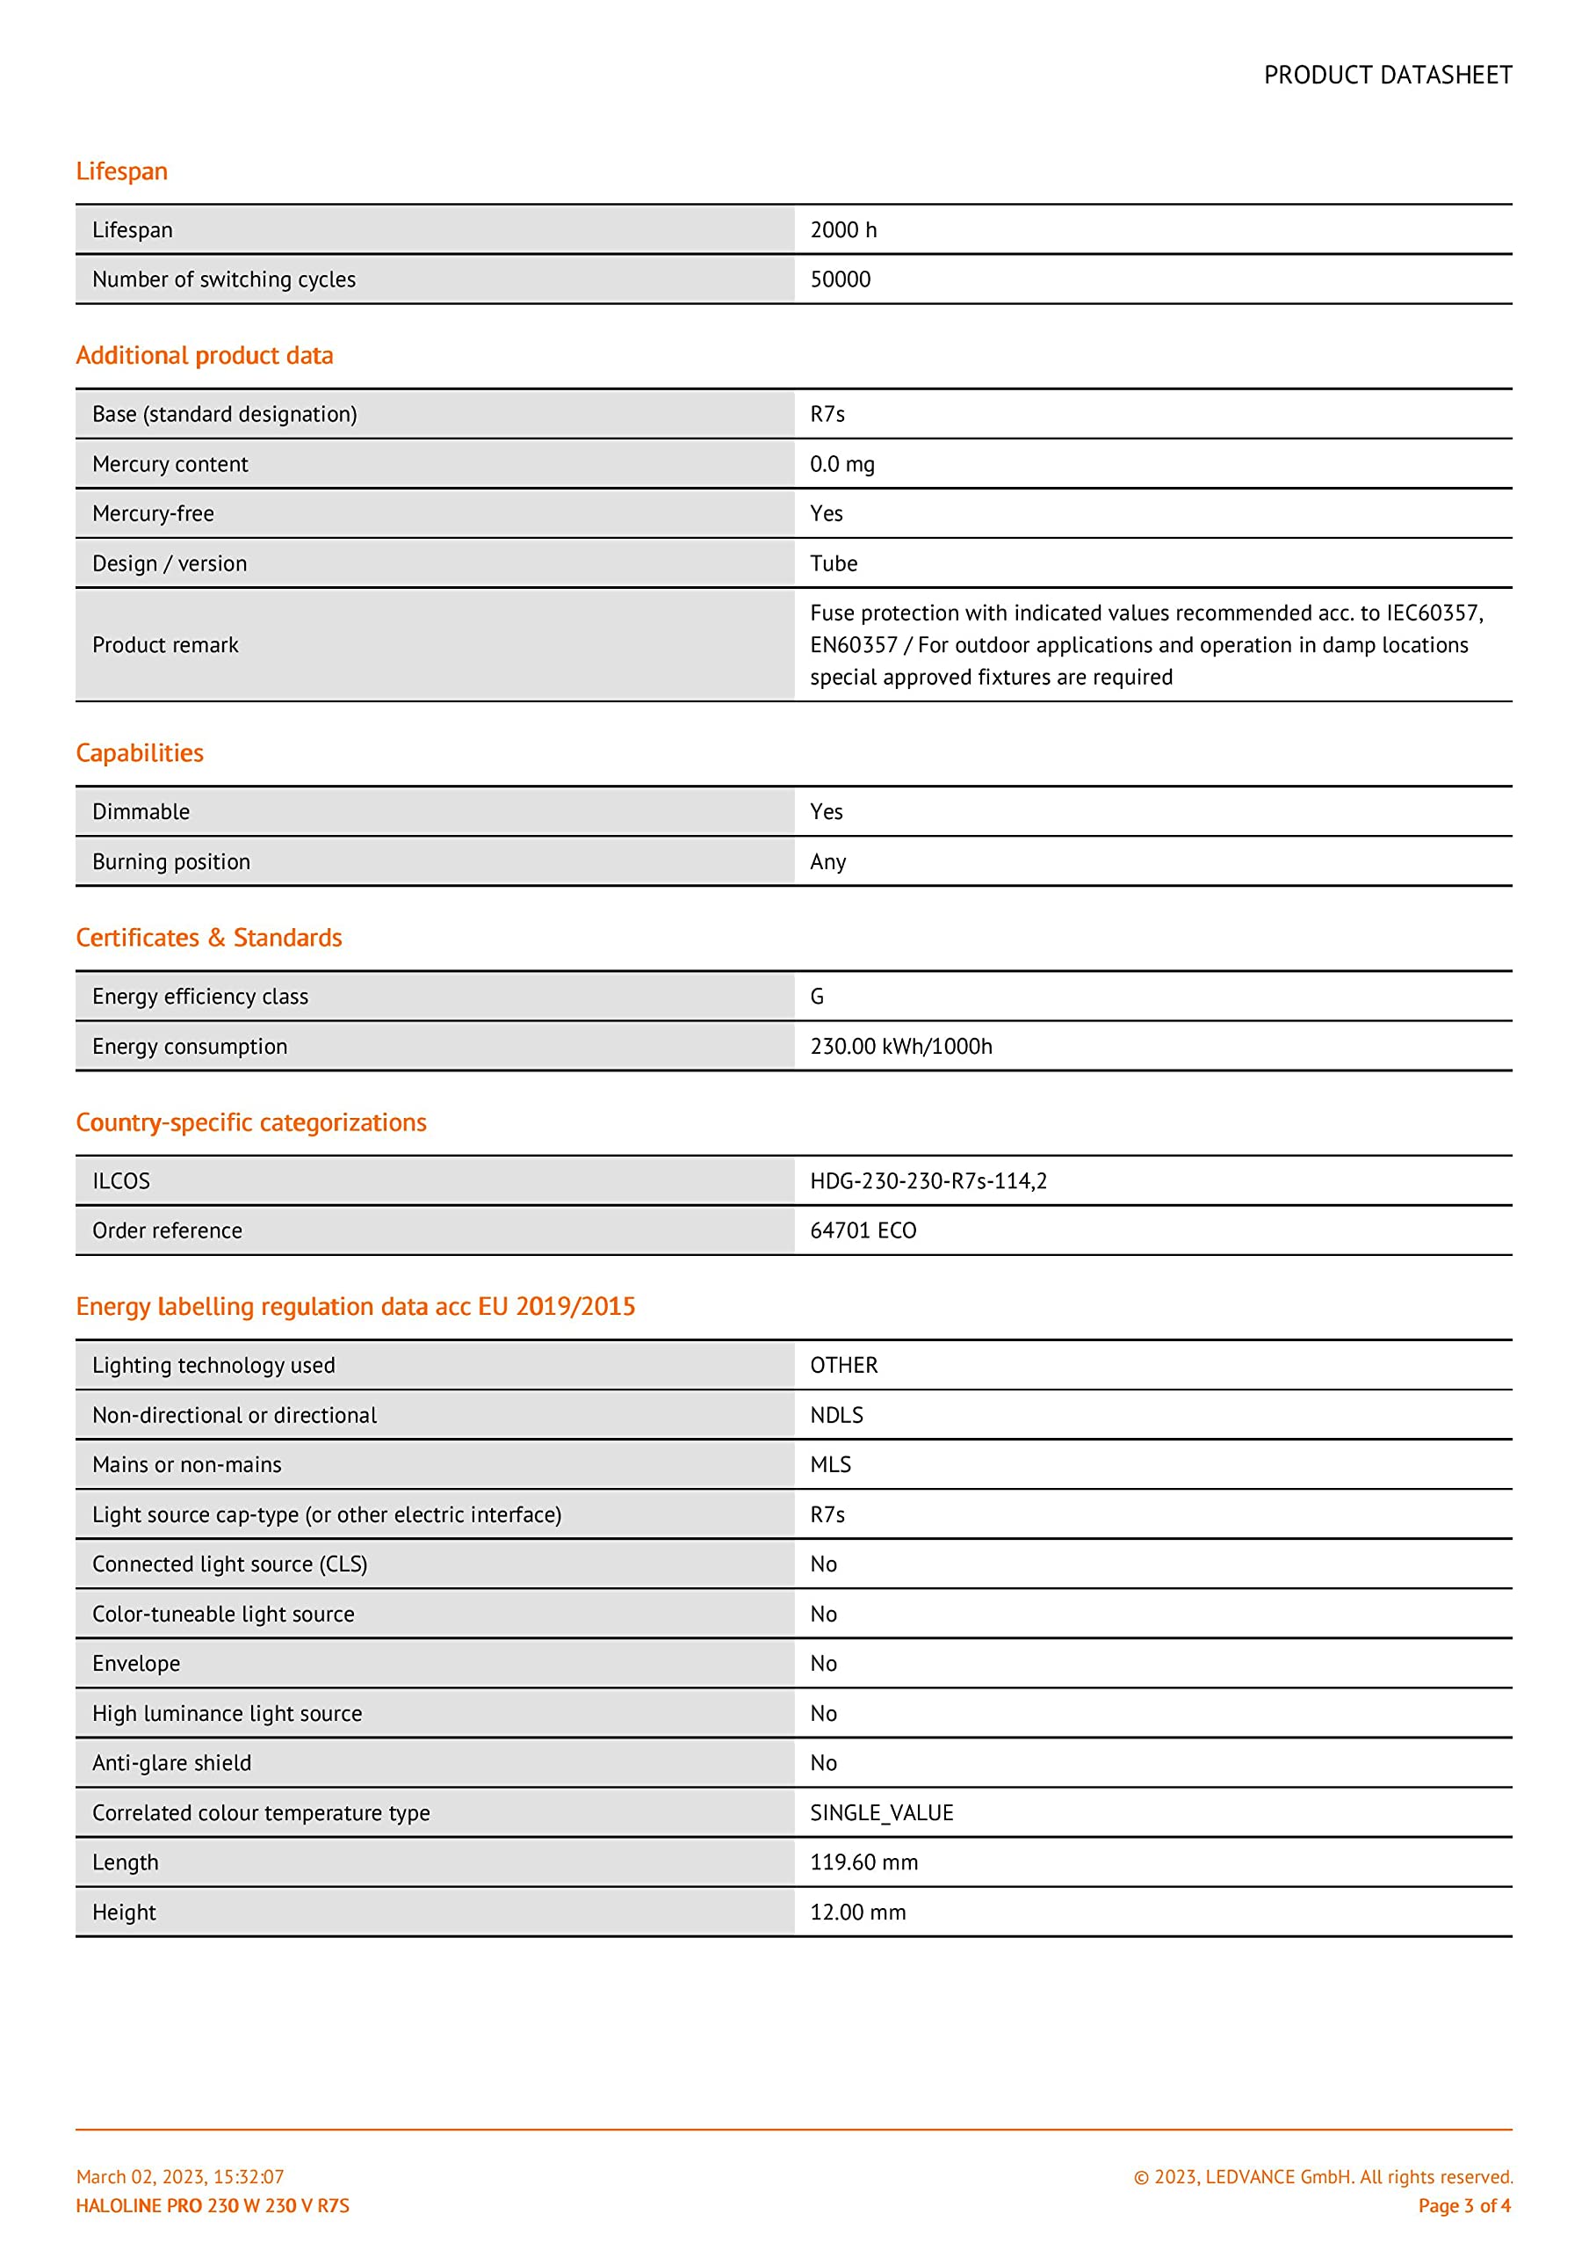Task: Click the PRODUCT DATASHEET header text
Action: (1387, 76)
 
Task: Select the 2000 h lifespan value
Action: (843, 230)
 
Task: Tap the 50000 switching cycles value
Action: (840, 279)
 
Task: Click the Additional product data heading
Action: (205, 356)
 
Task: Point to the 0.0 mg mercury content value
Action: (841, 465)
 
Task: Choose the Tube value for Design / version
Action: (833, 563)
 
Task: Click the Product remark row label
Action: (165, 645)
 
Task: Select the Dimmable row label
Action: (141, 811)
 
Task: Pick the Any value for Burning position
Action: (827, 862)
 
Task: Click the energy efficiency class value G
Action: (817, 997)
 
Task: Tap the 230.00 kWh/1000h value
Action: (900, 1047)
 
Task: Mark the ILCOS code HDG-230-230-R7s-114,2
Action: (928, 1181)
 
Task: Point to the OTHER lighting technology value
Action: (843, 1365)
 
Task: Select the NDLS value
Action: (836, 1415)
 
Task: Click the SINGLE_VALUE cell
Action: (882, 1813)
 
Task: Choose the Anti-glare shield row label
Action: (171, 1763)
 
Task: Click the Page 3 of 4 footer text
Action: (1463, 2205)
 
